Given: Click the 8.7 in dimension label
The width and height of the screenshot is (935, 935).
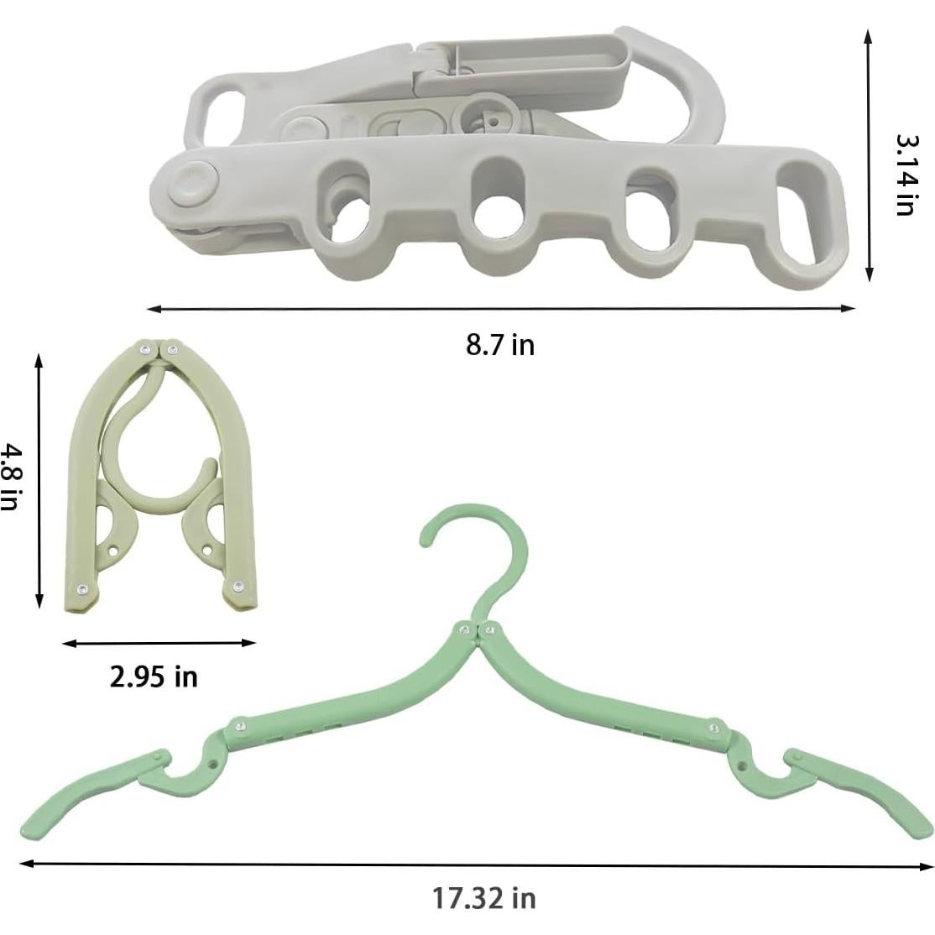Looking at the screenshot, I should (x=500, y=344).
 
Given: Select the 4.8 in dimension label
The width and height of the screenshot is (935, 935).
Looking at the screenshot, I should (x=9, y=477).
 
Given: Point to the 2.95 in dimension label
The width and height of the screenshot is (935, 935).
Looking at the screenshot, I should (x=154, y=676).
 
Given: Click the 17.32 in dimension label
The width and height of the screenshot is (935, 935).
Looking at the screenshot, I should (x=484, y=898).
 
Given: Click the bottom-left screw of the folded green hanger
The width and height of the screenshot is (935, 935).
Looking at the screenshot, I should (x=82, y=588).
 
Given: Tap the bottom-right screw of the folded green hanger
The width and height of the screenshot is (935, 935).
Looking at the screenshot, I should (x=239, y=585).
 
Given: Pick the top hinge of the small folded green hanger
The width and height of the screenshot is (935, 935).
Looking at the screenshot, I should (x=159, y=349).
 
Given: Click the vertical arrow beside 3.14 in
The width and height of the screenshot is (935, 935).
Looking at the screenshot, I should (x=870, y=155).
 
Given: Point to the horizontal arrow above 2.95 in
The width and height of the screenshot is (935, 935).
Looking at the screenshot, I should (x=159, y=644).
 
